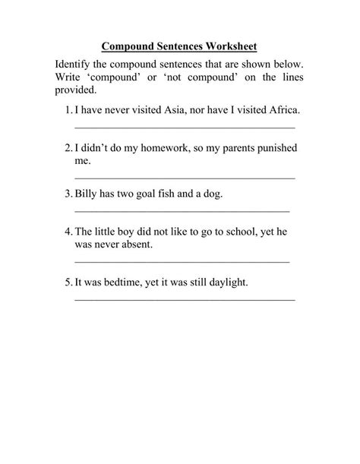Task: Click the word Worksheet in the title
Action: [230, 46]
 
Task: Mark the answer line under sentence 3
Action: [182, 210]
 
